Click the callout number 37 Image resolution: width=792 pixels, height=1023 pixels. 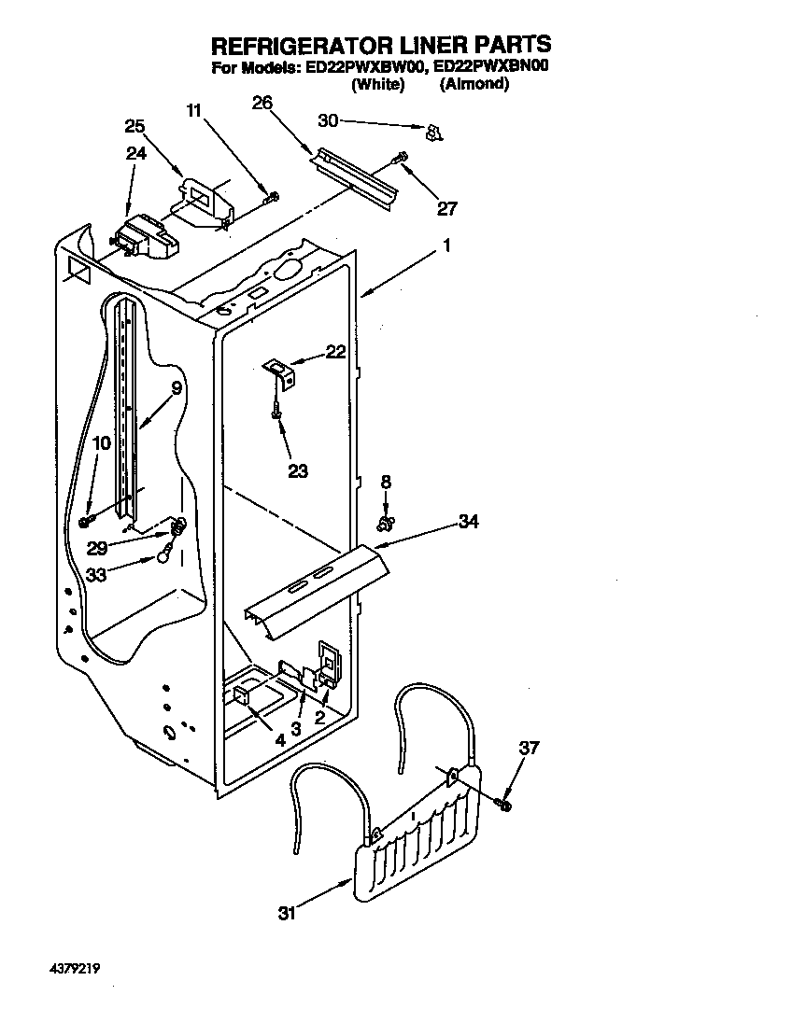tap(529, 748)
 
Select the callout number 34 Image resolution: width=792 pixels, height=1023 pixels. tap(468, 522)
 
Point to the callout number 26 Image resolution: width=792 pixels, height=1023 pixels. tap(262, 104)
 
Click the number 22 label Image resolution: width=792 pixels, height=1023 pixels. tap(335, 352)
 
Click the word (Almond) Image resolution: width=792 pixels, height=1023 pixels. tap(474, 84)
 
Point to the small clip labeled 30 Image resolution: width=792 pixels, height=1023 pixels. tap(431, 133)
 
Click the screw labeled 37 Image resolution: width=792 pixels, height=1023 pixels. tap(505, 801)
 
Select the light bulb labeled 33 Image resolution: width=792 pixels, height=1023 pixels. tap(164, 555)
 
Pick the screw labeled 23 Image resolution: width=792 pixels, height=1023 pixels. tap(276, 410)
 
